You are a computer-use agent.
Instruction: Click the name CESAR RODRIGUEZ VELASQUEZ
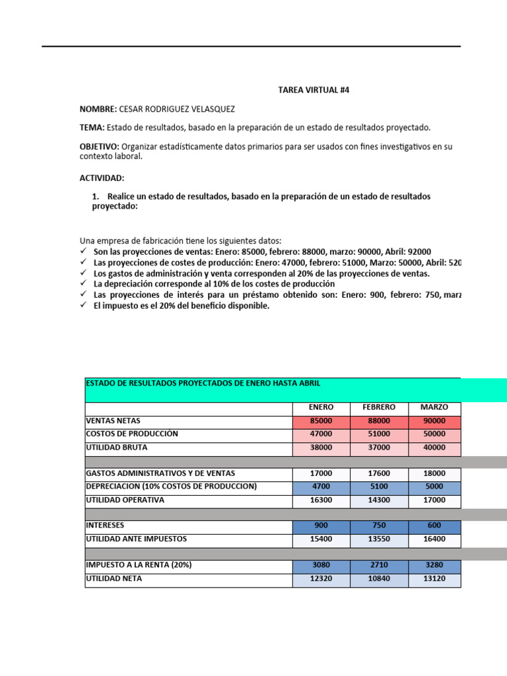pyautogui.click(x=176, y=109)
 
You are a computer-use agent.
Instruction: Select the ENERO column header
pyautogui.click(x=321, y=407)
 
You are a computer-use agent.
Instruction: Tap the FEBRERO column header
pyautogui.click(x=378, y=407)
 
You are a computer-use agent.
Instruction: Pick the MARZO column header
pyautogui.click(x=434, y=407)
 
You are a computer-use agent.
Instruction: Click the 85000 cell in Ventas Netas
pyautogui.click(x=321, y=421)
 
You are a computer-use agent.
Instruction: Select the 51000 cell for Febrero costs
pyautogui.click(x=378, y=434)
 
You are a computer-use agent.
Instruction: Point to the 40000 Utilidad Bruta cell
pyautogui.click(x=434, y=448)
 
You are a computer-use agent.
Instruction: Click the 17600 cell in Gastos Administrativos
pyautogui.click(x=378, y=473)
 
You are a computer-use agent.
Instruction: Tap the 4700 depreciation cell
pyautogui.click(x=321, y=487)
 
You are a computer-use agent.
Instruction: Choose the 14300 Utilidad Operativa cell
pyautogui.click(x=378, y=500)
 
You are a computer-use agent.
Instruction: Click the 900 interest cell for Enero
pyautogui.click(x=321, y=526)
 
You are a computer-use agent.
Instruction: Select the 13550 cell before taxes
pyautogui.click(x=378, y=539)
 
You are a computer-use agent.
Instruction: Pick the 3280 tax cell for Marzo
pyautogui.click(x=434, y=566)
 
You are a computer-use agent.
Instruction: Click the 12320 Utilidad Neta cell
pyautogui.click(x=321, y=579)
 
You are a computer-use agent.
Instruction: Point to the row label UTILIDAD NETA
pyautogui.click(x=114, y=579)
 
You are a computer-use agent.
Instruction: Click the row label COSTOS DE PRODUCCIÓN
pyautogui.click(x=132, y=434)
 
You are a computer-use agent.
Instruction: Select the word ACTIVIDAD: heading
pyautogui.click(x=102, y=178)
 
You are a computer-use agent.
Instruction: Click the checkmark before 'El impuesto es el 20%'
pyautogui.click(x=83, y=306)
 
